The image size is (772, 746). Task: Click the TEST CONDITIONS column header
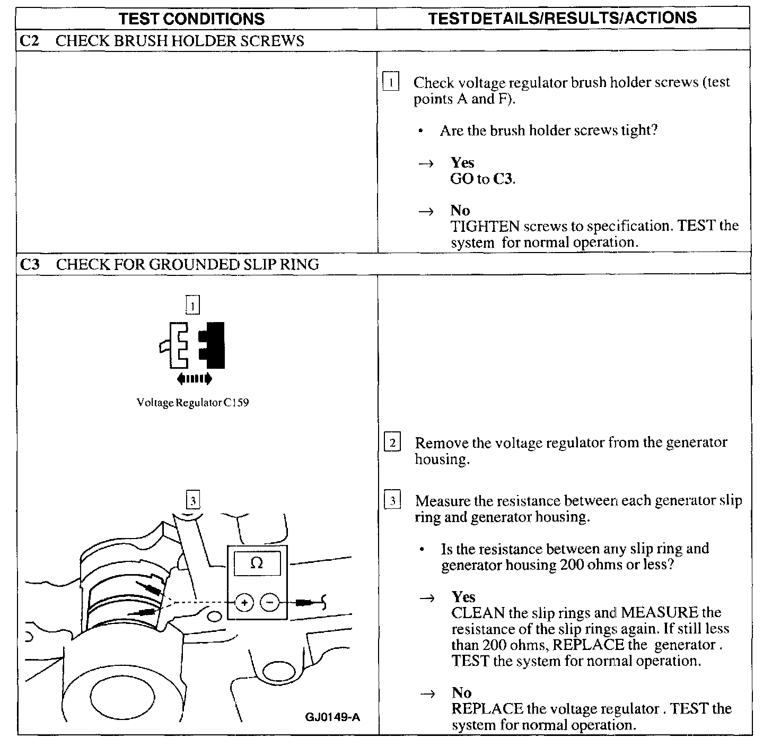coord(192,19)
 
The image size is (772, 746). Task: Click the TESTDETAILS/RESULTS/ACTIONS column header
coord(562,18)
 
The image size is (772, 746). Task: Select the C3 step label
coord(29,264)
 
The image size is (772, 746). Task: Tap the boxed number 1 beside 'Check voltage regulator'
coord(391,82)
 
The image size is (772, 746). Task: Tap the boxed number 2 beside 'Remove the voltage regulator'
coord(392,443)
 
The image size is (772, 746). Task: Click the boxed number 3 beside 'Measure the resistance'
coord(392,501)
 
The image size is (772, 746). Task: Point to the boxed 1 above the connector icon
coord(193,306)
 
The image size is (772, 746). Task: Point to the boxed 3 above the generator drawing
coord(193,500)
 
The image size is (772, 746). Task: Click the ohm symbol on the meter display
coord(257,563)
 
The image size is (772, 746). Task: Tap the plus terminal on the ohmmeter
coord(244,603)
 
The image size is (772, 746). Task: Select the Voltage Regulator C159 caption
coord(192,403)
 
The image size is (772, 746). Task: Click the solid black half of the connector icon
coord(212,345)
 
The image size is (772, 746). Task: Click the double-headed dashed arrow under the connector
coord(194,378)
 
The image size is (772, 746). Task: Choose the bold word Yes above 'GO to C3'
coord(462,163)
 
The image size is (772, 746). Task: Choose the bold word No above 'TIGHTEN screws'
coord(460,211)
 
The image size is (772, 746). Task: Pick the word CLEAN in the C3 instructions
coord(478,613)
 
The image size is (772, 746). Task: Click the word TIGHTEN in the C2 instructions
coord(485,227)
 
